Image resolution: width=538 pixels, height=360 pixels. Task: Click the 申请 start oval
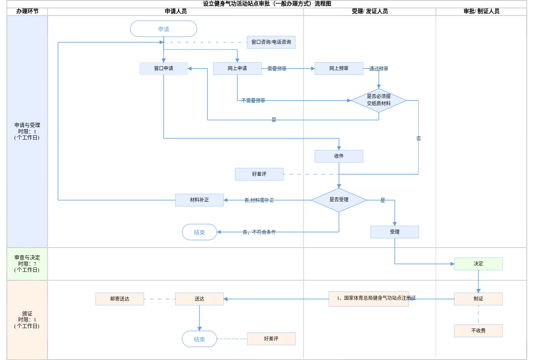tap(163, 29)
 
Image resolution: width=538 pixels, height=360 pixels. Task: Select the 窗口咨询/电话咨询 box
tap(271, 42)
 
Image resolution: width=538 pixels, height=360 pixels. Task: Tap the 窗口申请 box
tap(163, 69)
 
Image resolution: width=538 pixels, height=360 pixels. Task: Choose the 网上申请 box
tap(237, 69)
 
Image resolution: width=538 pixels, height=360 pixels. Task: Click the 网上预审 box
tap(339, 69)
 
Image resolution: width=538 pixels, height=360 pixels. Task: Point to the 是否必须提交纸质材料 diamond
tap(379, 100)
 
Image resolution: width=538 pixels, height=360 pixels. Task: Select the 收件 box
tap(339, 156)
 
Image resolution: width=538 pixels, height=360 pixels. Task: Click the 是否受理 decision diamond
tap(339, 200)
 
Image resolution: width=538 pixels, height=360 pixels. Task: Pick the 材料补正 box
tap(199, 200)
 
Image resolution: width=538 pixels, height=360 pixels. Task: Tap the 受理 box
tap(395, 232)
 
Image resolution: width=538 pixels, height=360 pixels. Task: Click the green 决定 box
tap(478, 264)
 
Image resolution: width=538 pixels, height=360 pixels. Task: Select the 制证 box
tap(478, 299)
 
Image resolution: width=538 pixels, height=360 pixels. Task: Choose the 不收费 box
tap(478, 331)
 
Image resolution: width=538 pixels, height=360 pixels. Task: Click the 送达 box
tap(199, 299)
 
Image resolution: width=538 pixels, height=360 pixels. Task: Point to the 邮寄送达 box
tap(120, 299)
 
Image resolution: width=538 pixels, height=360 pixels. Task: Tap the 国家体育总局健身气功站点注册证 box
tap(369, 299)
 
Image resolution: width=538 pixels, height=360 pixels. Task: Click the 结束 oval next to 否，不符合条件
tap(199, 232)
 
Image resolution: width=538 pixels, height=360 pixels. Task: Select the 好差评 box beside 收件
tap(259, 174)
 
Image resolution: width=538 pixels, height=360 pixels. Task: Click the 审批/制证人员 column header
tap(481, 12)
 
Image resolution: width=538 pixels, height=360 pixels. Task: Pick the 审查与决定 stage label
tap(27, 264)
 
